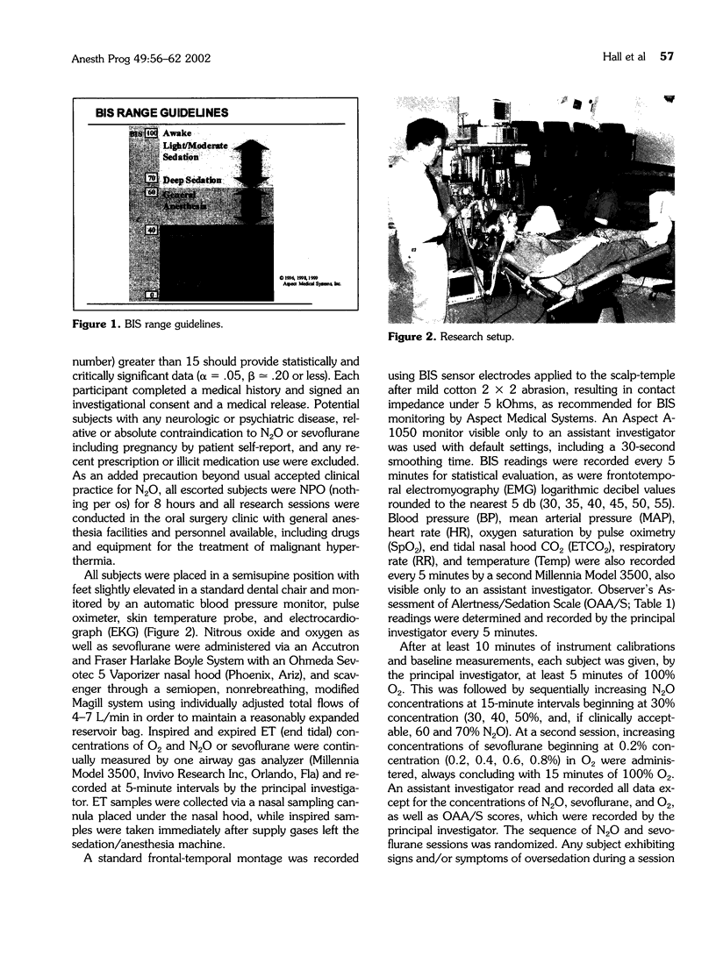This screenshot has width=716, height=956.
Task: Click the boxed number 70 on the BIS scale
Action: coord(151,178)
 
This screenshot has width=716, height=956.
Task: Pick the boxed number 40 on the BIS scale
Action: coord(151,229)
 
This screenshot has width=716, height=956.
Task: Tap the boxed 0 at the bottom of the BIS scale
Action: coord(151,295)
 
